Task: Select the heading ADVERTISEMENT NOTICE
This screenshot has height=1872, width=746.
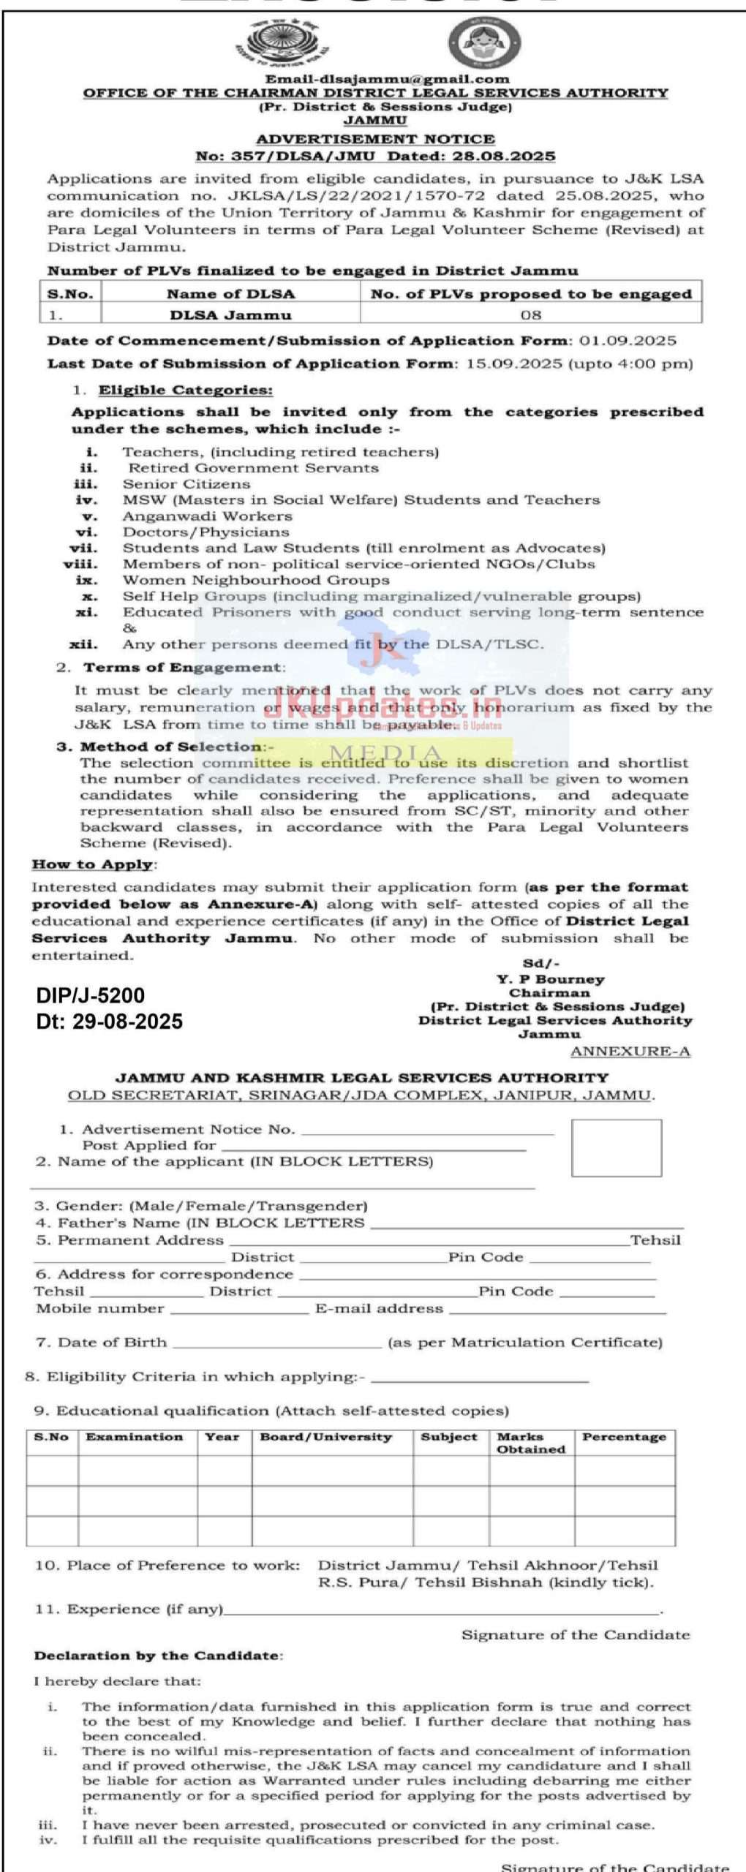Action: click(375, 139)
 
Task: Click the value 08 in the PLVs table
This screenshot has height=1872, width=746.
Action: click(531, 315)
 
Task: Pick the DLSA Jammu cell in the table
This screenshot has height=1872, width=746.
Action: click(230, 315)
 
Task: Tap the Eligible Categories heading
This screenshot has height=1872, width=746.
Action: click(186, 390)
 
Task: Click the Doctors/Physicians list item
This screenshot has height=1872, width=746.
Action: click(206, 532)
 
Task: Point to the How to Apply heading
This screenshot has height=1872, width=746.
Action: click(92, 864)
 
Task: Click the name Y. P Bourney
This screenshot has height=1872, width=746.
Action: click(550, 979)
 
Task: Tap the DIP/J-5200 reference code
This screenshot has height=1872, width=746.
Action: click(91, 995)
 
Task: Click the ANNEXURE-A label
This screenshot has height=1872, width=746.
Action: click(630, 1052)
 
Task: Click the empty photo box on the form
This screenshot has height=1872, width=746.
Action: click(616, 1147)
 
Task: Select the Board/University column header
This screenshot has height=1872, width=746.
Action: click(326, 1437)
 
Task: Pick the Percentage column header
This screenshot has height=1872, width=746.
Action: click(624, 1437)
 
